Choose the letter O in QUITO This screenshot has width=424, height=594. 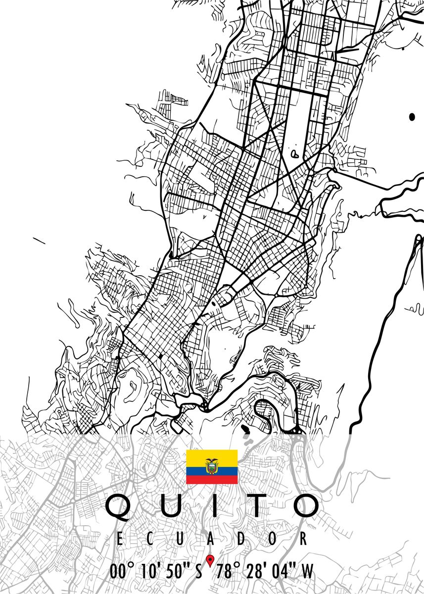(x=300, y=506)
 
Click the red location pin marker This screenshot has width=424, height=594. (x=210, y=561)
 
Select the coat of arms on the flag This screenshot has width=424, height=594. (x=212, y=466)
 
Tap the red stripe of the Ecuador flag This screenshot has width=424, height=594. (x=212, y=480)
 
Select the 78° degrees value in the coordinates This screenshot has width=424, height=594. (x=228, y=572)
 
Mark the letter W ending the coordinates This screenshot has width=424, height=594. (x=307, y=572)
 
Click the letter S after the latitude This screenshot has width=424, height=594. (x=198, y=572)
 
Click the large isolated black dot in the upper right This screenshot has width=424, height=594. (x=412, y=117)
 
